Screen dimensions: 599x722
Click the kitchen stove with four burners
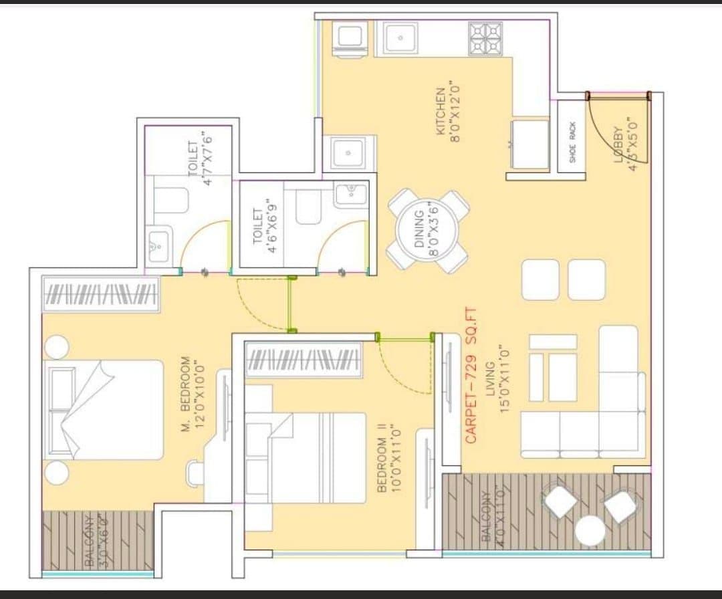coord(485,39)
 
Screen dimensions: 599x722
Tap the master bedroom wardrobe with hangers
coord(102,294)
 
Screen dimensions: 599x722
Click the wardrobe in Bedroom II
coord(305,360)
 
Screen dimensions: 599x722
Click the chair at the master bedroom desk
coord(195,473)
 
